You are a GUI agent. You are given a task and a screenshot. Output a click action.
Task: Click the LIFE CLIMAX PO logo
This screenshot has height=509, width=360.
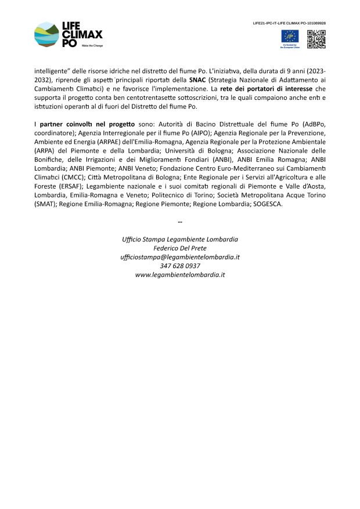coord(69,34)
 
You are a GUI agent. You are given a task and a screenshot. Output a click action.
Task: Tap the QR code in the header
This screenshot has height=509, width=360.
coord(316,38)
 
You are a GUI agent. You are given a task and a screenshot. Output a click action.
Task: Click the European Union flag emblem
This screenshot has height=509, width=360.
coord(290,36)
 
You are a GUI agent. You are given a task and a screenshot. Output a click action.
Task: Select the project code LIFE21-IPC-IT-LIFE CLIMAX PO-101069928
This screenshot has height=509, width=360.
coord(289,23)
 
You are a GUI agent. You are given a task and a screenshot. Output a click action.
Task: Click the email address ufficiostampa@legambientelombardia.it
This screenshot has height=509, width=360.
coord(180,257)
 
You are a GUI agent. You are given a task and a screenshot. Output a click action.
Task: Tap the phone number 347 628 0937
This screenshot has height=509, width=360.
coord(180,265)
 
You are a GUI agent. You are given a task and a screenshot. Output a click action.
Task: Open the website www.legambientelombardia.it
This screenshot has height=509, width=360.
coord(180,274)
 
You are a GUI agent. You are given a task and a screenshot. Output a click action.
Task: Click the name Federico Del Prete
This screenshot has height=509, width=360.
coord(180,248)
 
